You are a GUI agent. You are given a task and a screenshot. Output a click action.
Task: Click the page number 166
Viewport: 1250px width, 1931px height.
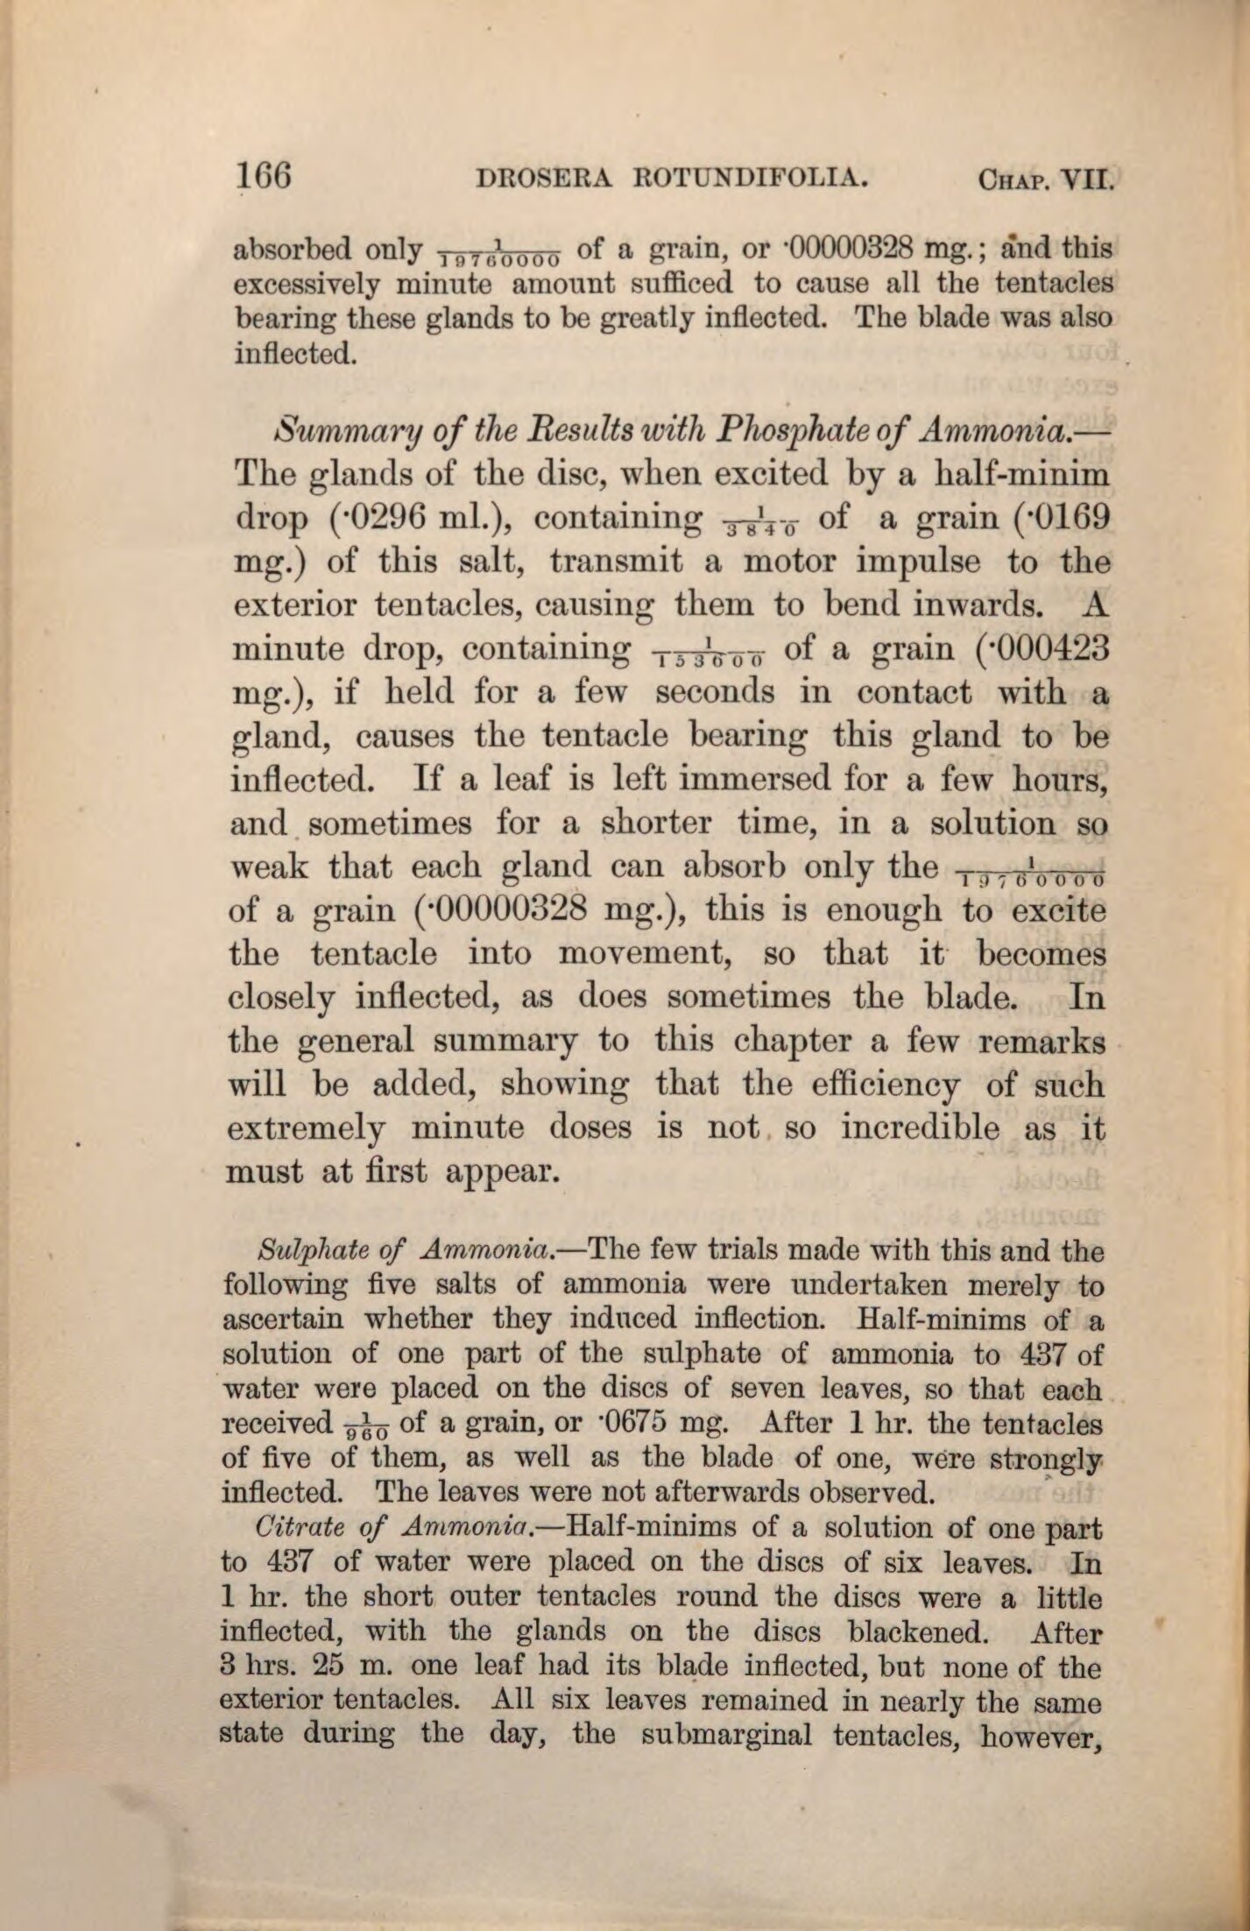point(264,179)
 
